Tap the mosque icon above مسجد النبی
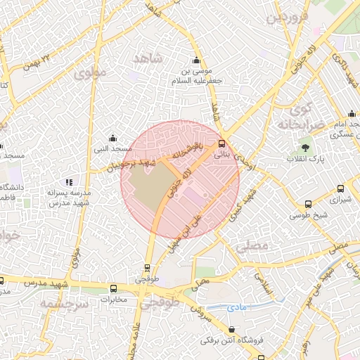click(112, 138)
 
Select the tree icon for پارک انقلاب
click(305, 148)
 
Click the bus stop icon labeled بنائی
click(222, 141)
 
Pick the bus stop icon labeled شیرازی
click(340, 188)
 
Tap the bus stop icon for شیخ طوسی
click(307, 204)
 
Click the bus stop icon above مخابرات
click(114, 288)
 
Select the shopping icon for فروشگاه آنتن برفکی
click(232, 329)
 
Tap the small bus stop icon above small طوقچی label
click(146, 268)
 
